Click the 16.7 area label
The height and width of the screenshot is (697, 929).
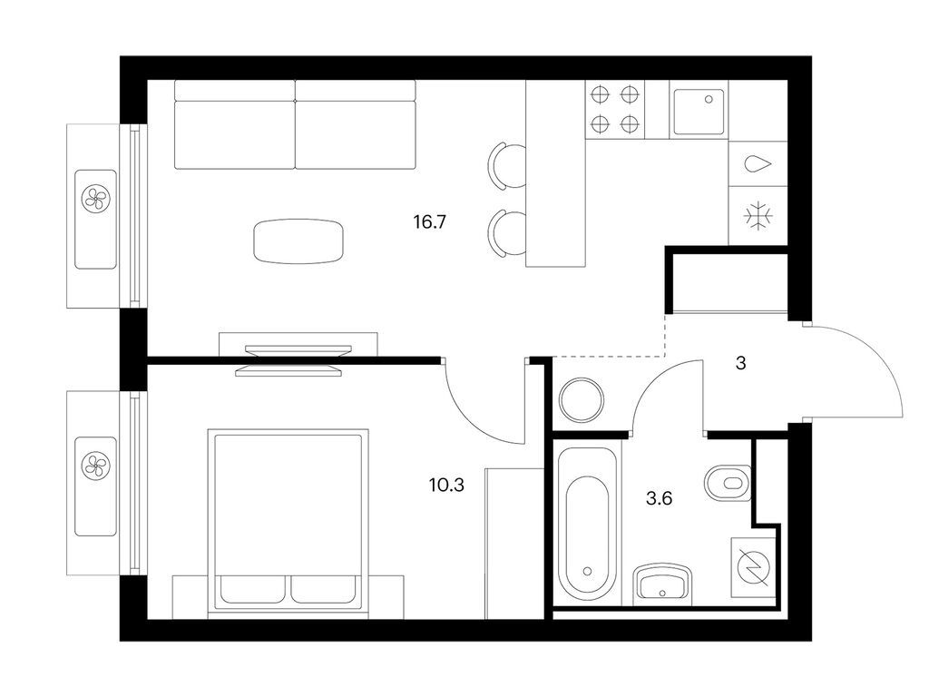click(x=429, y=222)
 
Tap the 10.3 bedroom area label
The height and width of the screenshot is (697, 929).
click(x=446, y=486)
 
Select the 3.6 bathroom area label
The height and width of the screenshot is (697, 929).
click(x=659, y=498)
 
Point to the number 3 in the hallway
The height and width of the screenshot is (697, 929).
click(x=740, y=363)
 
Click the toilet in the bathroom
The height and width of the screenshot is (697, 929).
click(x=729, y=483)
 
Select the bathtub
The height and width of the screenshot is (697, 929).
click(x=587, y=523)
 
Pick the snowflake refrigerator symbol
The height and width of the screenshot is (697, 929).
click(x=758, y=216)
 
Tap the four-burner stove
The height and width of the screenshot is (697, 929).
click(x=615, y=110)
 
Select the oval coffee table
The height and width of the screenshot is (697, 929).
click(x=298, y=241)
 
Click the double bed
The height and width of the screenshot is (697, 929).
click(x=288, y=523)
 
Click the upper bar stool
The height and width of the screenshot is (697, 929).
click(x=508, y=167)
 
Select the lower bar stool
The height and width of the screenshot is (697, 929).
click(x=508, y=233)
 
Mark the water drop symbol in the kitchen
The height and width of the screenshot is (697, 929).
click(x=758, y=164)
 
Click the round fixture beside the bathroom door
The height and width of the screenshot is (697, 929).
click(x=582, y=399)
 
